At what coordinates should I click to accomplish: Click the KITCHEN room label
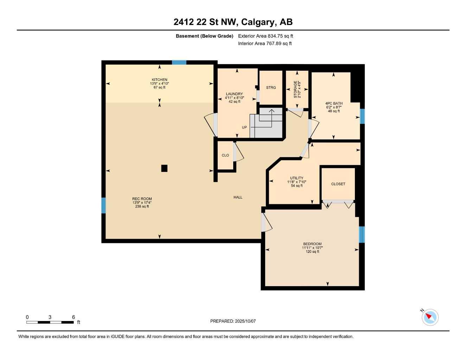(x=159, y=80)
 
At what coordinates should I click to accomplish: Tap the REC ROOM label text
(x=142, y=199)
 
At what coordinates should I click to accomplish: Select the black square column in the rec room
(x=164, y=168)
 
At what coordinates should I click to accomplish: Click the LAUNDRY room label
(x=234, y=94)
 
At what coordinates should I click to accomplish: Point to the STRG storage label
(x=271, y=88)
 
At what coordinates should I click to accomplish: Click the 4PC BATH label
(x=334, y=104)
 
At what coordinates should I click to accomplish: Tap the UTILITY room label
(x=296, y=178)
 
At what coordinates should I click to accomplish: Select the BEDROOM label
(x=312, y=244)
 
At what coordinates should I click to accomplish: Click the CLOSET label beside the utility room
(x=338, y=184)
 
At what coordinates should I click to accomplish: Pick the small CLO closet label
(x=225, y=155)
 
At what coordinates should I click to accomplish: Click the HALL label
(x=238, y=197)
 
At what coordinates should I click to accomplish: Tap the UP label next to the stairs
(x=244, y=128)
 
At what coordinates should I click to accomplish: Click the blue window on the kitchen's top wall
(x=179, y=63)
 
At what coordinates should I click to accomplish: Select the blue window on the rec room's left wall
(x=103, y=205)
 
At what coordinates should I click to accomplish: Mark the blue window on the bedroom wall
(x=362, y=234)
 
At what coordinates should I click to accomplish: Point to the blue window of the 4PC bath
(x=362, y=116)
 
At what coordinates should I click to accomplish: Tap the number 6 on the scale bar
(x=74, y=317)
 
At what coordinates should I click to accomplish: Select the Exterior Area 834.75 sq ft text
(x=266, y=36)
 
